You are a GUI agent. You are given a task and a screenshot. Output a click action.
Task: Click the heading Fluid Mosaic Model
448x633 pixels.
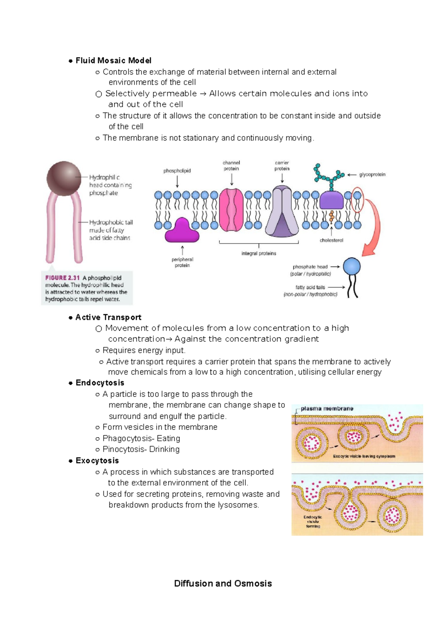(113, 60)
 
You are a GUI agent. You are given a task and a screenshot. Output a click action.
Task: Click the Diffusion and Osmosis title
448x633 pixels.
(223, 583)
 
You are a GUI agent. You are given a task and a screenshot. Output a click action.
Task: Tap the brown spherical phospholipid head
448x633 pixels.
(64, 178)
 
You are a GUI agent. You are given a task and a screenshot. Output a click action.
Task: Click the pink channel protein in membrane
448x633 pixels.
(231, 210)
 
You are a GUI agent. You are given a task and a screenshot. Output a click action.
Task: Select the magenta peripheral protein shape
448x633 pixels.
(182, 231)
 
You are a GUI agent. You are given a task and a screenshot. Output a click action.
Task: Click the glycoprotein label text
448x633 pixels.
(372, 175)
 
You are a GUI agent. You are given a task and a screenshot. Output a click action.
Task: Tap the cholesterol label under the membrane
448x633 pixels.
(331, 240)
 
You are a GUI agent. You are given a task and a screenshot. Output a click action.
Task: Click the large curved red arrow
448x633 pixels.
(374, 228)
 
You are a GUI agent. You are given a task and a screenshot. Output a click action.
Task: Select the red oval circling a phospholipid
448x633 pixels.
(357, 200)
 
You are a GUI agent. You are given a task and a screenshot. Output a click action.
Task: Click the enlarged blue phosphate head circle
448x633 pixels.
(352, 266)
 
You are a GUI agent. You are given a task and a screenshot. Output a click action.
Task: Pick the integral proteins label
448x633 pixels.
(259, 253)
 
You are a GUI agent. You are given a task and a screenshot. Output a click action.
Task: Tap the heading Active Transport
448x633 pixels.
(108, 317)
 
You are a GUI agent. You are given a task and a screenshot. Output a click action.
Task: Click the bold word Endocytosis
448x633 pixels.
(100, 383)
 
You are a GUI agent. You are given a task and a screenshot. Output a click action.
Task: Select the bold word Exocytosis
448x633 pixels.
(97, 461)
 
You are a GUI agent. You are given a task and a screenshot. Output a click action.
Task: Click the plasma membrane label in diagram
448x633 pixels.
(327, 408)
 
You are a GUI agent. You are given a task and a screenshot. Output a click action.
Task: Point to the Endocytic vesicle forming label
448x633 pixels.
(313, 521)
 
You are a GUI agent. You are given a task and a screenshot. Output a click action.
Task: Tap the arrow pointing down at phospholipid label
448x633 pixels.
(177, 182)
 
